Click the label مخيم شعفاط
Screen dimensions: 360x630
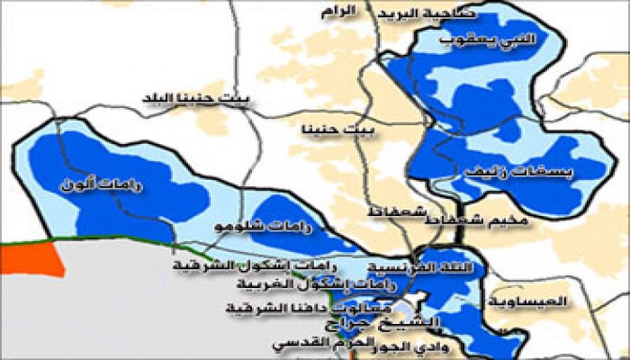[493, 219]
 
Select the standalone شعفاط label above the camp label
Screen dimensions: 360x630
[393, 211]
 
